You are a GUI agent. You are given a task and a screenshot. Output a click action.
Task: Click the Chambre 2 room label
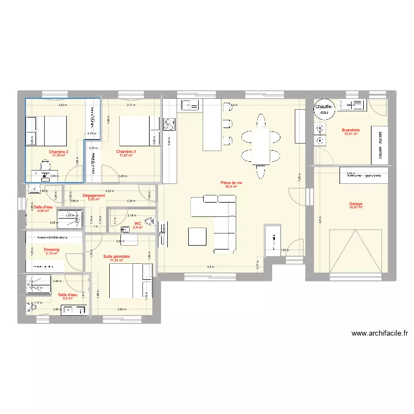[59, 152]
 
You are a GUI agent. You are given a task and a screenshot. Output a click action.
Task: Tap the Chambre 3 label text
[126, 152]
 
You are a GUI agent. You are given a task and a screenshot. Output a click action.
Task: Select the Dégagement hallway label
[93, 196]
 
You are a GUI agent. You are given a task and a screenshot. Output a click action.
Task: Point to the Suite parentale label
[116, 257]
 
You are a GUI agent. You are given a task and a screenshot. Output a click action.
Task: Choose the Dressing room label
[51, 250]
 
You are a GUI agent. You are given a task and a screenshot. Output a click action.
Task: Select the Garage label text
[355, 204]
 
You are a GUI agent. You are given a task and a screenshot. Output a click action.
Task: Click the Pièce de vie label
[231, 183]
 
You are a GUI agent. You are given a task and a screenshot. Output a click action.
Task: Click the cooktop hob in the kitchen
[169, 125]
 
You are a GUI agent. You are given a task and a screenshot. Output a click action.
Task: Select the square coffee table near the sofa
[197, 236]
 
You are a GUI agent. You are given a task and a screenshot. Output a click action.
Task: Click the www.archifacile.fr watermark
[379, 333]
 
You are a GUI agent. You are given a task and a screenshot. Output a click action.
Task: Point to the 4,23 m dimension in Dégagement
[109, 190]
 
